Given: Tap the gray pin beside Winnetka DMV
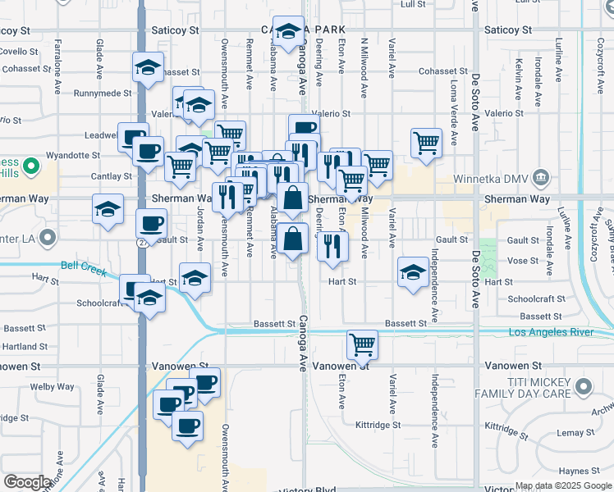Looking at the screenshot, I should click(541, 177).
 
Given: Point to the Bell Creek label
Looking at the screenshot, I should click(83, 266).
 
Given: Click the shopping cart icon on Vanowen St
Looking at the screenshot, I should click(362, 344).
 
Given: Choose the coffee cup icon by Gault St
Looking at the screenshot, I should click(151, 223).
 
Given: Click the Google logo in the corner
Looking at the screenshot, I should click(27, 482).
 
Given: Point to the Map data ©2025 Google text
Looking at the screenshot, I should click(563, 485).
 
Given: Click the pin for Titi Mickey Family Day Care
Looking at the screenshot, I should click(584, 385).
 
